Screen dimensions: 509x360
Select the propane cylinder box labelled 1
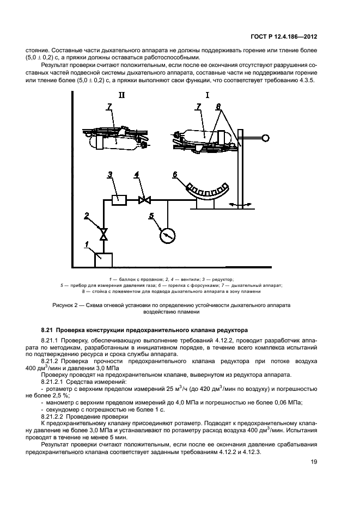pos(103,260)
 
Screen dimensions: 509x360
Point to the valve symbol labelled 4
pos(145,200)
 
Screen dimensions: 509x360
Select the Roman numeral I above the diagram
pos(208,96)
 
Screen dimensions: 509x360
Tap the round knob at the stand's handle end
pos(266,138)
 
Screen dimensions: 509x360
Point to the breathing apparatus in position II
pos(115,138)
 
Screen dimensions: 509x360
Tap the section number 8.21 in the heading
pos(48,330)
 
